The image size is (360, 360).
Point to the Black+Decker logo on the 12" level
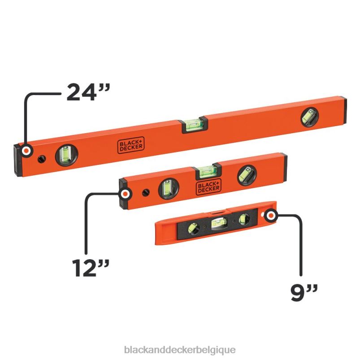208,187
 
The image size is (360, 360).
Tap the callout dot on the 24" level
27,151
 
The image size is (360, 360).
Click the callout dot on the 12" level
126,194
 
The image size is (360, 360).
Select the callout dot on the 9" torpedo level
270,216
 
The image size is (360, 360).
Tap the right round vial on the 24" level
308,117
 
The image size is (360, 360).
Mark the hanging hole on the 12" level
146,193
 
